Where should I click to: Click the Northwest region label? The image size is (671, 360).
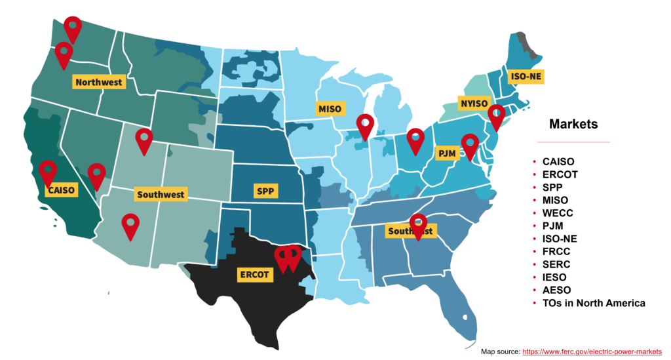pos(99,82)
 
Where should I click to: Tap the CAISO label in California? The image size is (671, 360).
pos(62,190)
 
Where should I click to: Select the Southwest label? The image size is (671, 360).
pos(161,194)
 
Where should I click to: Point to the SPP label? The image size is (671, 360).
pos(265,191)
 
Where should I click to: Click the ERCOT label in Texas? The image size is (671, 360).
pos(254,274)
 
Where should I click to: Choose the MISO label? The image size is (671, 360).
pos(330,108)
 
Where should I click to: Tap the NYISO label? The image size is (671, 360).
pos(474,104)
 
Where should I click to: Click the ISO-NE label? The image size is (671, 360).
pos(526,77)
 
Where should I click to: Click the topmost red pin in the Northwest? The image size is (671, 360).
pos(73,28)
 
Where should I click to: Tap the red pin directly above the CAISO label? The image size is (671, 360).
pos(48,171)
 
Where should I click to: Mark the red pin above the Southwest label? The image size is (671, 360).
pos(144,139)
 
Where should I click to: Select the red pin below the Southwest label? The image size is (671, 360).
pos(130,225)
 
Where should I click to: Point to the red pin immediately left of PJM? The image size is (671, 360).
pos(415,139)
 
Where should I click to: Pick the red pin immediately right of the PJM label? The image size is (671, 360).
pos(470,145)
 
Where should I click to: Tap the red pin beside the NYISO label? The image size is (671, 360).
pos(497,115)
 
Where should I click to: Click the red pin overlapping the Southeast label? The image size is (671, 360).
pos(417,225)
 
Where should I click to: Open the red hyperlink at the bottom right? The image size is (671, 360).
pos(592,351)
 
